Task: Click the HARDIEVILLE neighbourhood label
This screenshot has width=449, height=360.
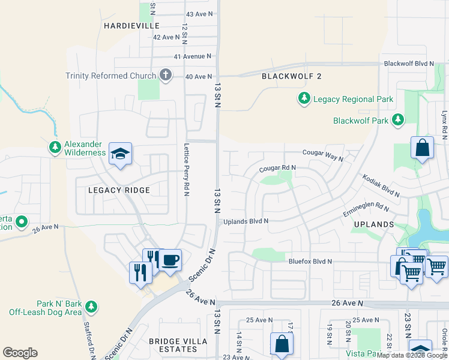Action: point(131,26)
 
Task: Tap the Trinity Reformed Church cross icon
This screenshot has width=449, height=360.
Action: point(165,76)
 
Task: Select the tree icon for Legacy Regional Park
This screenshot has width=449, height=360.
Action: point(304,98)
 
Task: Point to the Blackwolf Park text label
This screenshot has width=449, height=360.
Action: point(360,121)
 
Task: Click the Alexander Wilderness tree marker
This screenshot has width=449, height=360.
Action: point(55,147)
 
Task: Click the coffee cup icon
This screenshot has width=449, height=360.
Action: point(170,260)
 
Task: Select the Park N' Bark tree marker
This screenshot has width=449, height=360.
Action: point(91,307)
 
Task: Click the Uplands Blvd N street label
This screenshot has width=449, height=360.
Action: point(246,221)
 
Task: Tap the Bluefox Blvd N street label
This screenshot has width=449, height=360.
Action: point(310,262)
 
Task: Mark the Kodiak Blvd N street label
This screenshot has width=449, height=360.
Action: point(381,185)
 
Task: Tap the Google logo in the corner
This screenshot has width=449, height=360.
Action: point(20,353)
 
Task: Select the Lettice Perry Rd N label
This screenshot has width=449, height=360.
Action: point(186,167)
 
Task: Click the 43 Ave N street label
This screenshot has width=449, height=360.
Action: point(199,13)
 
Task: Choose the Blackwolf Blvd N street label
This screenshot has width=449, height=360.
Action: point(408,63)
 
